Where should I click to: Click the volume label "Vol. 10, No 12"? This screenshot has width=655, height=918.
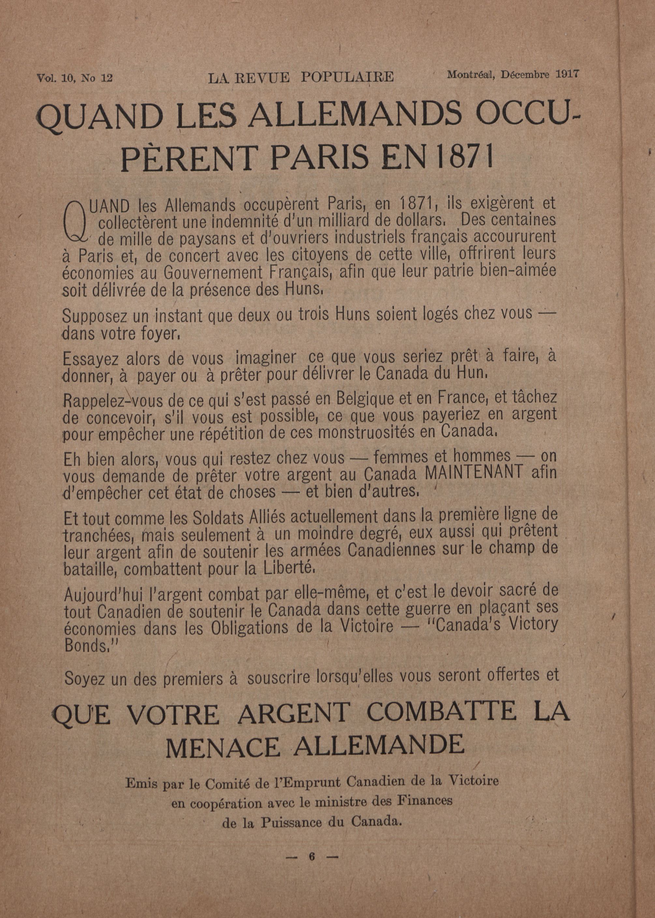pyautogui.click(x=74, y=78)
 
